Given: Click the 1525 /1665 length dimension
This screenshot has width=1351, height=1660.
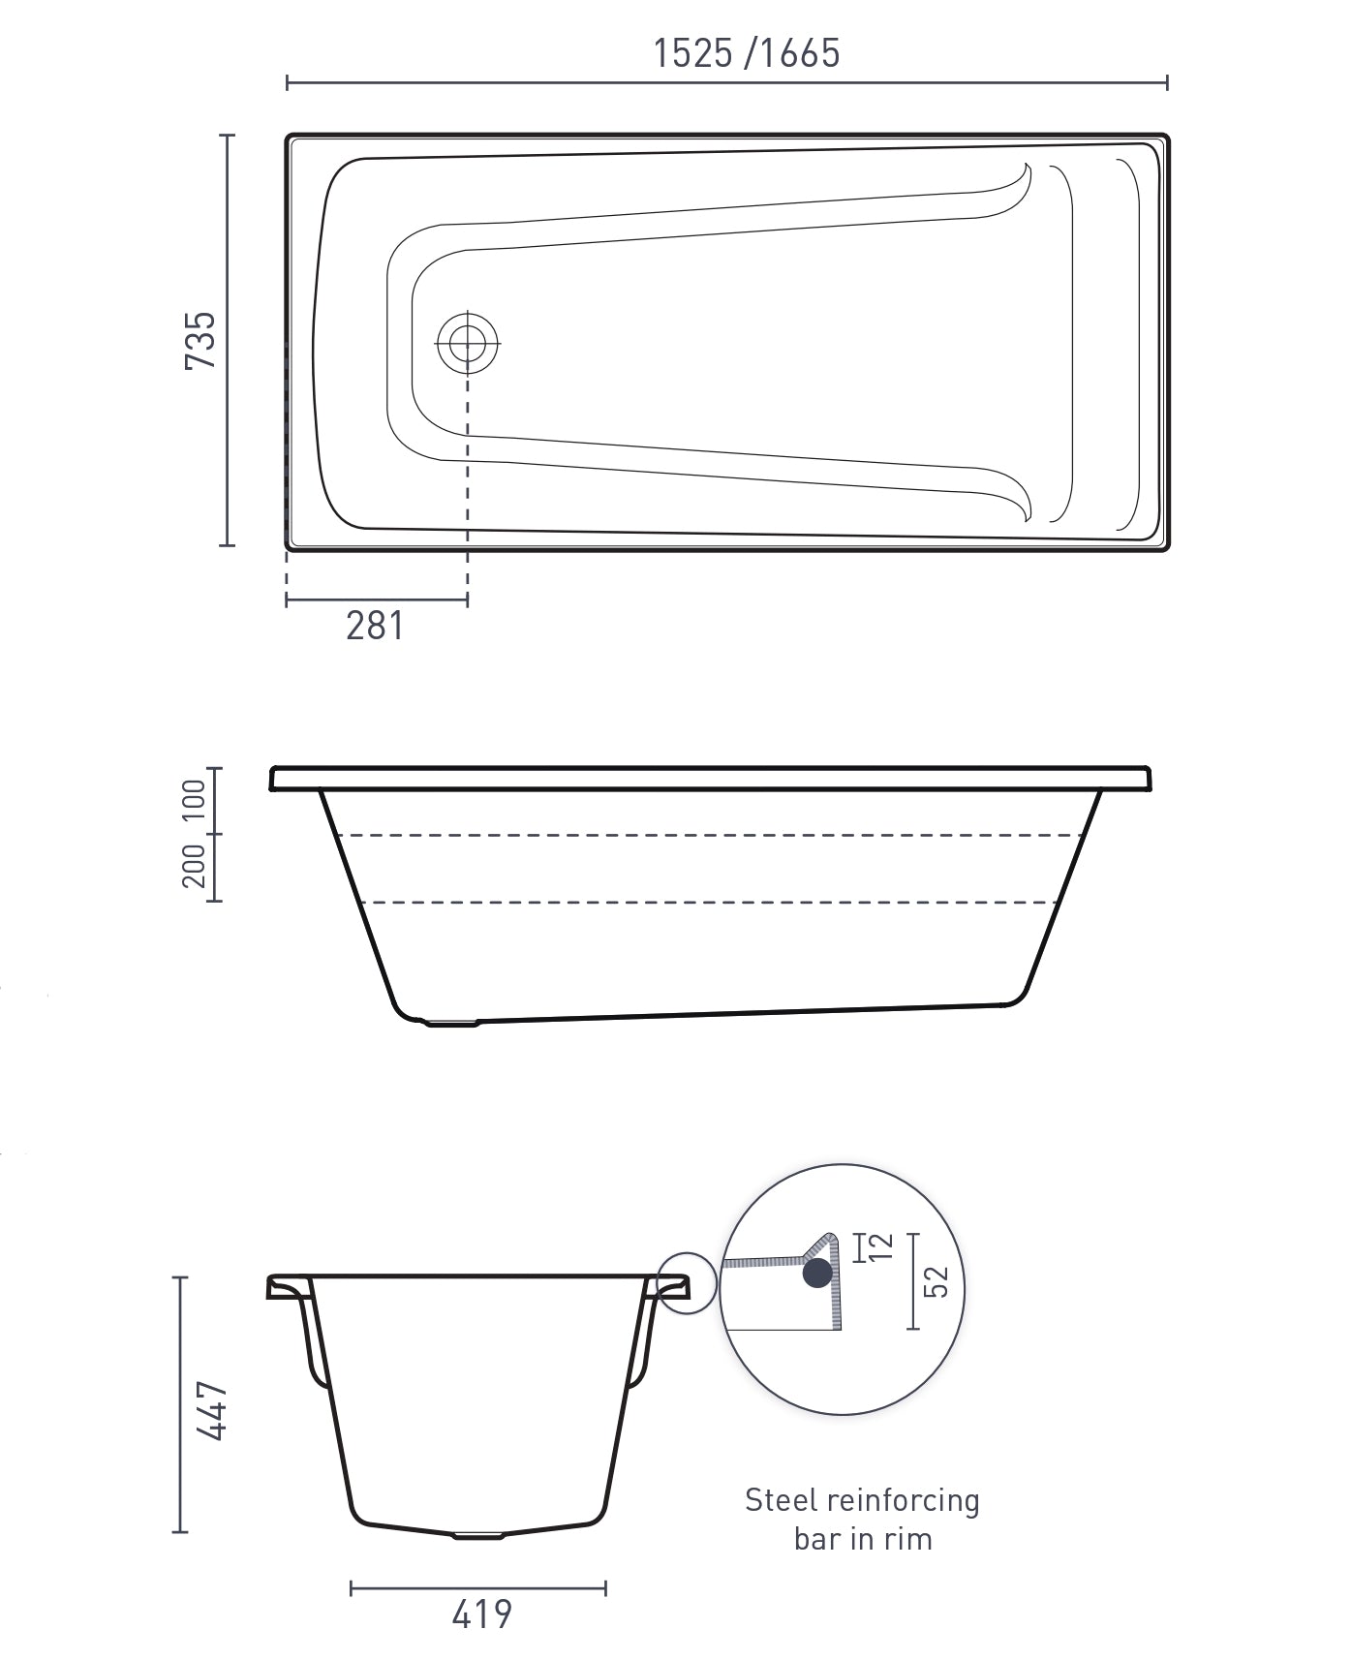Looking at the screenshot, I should point(746,52).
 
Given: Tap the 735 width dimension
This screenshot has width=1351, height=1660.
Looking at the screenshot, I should point(200,340).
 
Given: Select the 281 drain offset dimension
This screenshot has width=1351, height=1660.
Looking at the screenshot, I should point(375,626).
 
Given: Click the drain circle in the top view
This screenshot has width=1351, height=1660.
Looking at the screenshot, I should point(468,343).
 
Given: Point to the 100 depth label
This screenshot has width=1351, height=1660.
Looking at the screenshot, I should point(194,800).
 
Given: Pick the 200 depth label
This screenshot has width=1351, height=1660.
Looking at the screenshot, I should point(194,866).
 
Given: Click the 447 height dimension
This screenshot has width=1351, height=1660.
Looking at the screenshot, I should point(212,1412).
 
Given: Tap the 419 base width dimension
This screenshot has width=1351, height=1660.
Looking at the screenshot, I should point(481,1614).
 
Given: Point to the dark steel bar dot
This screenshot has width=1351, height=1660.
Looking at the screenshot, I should point(817,1273).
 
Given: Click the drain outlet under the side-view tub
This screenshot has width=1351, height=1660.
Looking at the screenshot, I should point(453,1022).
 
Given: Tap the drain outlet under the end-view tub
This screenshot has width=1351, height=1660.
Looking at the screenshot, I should point(478,1535).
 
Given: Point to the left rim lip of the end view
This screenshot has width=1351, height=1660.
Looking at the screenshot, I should point(287,1288).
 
